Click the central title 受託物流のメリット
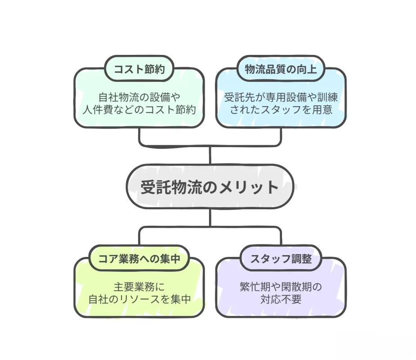(x=210, y=187)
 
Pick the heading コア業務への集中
(x=138, y=259)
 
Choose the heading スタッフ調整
(x=281, y=259)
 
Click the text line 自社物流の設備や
(x=139, y=97)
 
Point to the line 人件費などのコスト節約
(x=139, y=109)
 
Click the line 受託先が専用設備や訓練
(x=281, y=97)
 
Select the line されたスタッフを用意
(x=281, y=109)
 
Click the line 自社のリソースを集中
(x=139, y=299)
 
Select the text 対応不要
(x=281, y=299)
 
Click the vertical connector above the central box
(x=210, y=155)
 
